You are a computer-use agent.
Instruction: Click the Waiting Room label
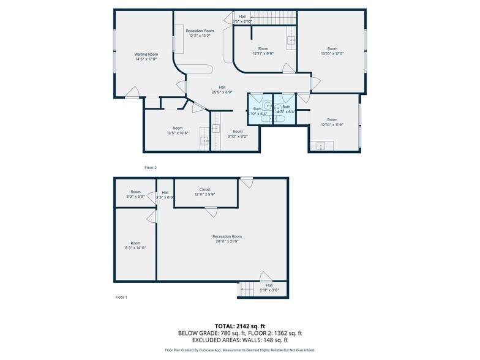(146, 54)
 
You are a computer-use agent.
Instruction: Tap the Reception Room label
(200, 31)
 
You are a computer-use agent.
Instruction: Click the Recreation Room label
(227, 236)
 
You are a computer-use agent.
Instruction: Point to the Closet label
(205, 189)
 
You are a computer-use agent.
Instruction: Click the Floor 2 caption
(151, 167)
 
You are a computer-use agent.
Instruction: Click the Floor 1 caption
(121, 297)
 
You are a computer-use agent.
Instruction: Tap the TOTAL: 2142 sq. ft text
(240, 326)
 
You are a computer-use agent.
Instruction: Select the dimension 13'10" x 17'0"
(332, 53)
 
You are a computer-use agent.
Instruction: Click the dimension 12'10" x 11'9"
(332, 125)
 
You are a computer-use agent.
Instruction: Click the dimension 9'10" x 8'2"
(238, 137)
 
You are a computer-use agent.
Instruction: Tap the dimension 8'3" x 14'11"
(135, 248)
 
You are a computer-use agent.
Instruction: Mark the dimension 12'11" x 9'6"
(263, 53)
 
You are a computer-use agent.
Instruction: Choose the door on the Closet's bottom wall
(211, 212)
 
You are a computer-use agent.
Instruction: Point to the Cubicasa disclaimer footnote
(240, 350)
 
